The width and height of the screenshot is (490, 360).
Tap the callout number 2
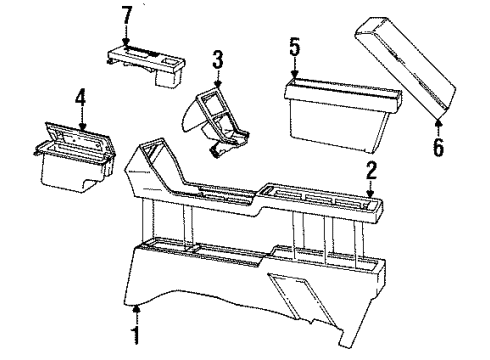[x=371, y=171]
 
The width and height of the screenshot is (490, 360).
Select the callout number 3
[x=217, y=60]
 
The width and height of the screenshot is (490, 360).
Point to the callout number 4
[x=80, y=98]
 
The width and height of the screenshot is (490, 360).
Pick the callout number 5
[x=295, y=47]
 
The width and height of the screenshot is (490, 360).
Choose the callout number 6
[x=438, y=147]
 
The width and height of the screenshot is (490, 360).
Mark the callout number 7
[x=126, y=15]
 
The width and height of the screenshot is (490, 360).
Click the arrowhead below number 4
[x=82, y=126]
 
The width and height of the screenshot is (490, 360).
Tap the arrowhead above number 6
[x=439, y=123]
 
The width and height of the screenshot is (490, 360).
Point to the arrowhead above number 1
[x=136, y=310]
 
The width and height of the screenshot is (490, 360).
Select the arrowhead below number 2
[x=370, y=194]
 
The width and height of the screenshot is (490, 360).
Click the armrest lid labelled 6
[x=405, y=68]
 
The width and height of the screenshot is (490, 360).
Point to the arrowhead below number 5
[x=294, y=75]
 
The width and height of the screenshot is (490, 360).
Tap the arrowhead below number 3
[x=218, y=84]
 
